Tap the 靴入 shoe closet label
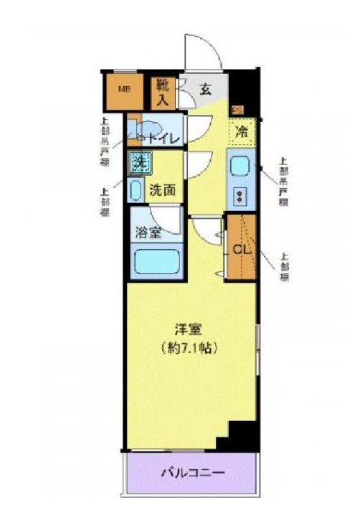[163, 92]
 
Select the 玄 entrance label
[205, 90]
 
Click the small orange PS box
[236, 110]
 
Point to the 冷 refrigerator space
[242, 131]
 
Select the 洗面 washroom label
[163, 191]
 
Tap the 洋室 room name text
[189, 330]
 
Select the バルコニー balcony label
[191, 473]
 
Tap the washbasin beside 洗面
[136, 190]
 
